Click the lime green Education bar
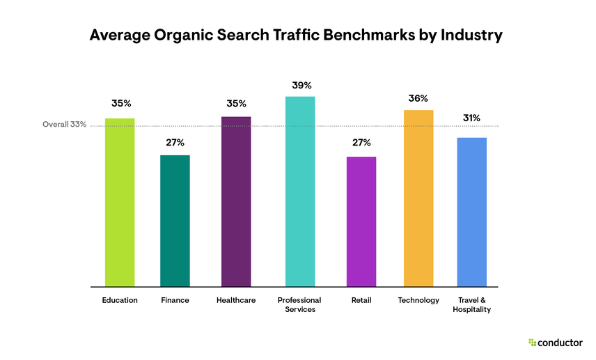pos(120,202)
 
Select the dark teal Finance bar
pos(175,220)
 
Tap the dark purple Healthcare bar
pos(236,201)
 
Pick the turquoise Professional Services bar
pos(300,191)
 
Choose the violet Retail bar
pos(361,221)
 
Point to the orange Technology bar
pos(418,198)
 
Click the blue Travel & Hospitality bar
pos(471,212)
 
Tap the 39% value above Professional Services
pos(301,85)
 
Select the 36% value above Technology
pos(418,99)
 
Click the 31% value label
pos(471,118)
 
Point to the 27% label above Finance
pos(175,143)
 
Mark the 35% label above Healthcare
pos(236,104)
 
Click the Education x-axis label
pos(120,300)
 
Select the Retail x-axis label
pos(361,300)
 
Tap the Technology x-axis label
pos(418,300)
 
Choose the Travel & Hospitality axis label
pos(471,305)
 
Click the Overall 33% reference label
pos(64,125)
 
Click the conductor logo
pos(555,342)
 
